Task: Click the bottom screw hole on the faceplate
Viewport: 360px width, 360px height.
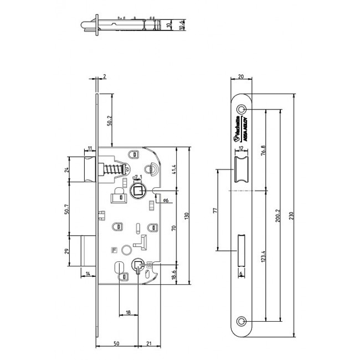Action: tap(242, 321)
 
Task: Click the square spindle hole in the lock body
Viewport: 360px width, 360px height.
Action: tap(138, 191)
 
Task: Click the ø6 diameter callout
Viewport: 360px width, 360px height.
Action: tap(166, 200)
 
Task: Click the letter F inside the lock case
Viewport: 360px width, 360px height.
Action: tap(114, 249)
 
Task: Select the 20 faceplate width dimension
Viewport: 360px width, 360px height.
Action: tap(241, 78)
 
